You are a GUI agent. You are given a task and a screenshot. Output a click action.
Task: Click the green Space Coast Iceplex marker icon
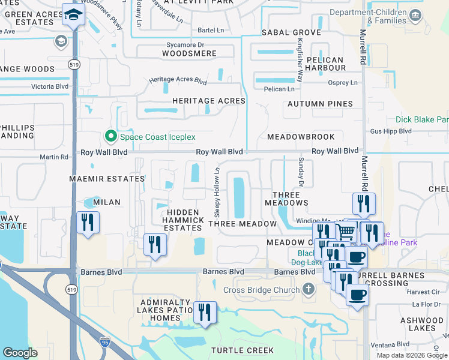[x=110, y=137]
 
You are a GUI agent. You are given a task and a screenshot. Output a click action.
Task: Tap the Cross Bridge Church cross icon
[x=309, y=290]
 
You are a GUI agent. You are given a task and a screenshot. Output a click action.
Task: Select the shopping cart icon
[x=345, y=230]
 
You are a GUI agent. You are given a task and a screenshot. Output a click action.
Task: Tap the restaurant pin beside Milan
[x=88, y=223]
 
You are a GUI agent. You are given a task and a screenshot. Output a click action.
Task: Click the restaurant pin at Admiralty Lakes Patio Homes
[x=205, y=313]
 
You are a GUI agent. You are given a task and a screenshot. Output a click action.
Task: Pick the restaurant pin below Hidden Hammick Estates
[x=155, y=244]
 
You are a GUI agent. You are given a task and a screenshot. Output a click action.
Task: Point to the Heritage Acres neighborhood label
[x=209, y=101]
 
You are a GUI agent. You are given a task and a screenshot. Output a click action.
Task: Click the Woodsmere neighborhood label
[x=189, y=53]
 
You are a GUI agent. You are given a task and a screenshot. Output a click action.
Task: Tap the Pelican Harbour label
[x=325, y=64]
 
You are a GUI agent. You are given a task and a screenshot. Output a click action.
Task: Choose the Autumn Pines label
[x=320, y=104]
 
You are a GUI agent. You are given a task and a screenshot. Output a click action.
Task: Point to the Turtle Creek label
[x=243, y=350]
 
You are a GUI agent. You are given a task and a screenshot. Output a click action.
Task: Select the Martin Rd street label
[x=55, y=157]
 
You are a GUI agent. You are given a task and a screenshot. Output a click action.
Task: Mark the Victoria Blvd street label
[x=50, y=86]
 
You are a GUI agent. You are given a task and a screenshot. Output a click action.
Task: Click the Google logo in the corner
[x=19, y=353]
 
